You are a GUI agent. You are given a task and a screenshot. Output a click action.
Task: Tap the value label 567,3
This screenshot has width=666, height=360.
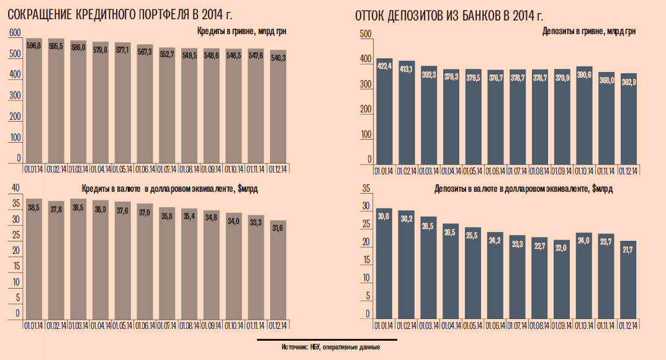145,53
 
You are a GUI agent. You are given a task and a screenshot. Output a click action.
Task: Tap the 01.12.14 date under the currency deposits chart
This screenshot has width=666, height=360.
628,325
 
